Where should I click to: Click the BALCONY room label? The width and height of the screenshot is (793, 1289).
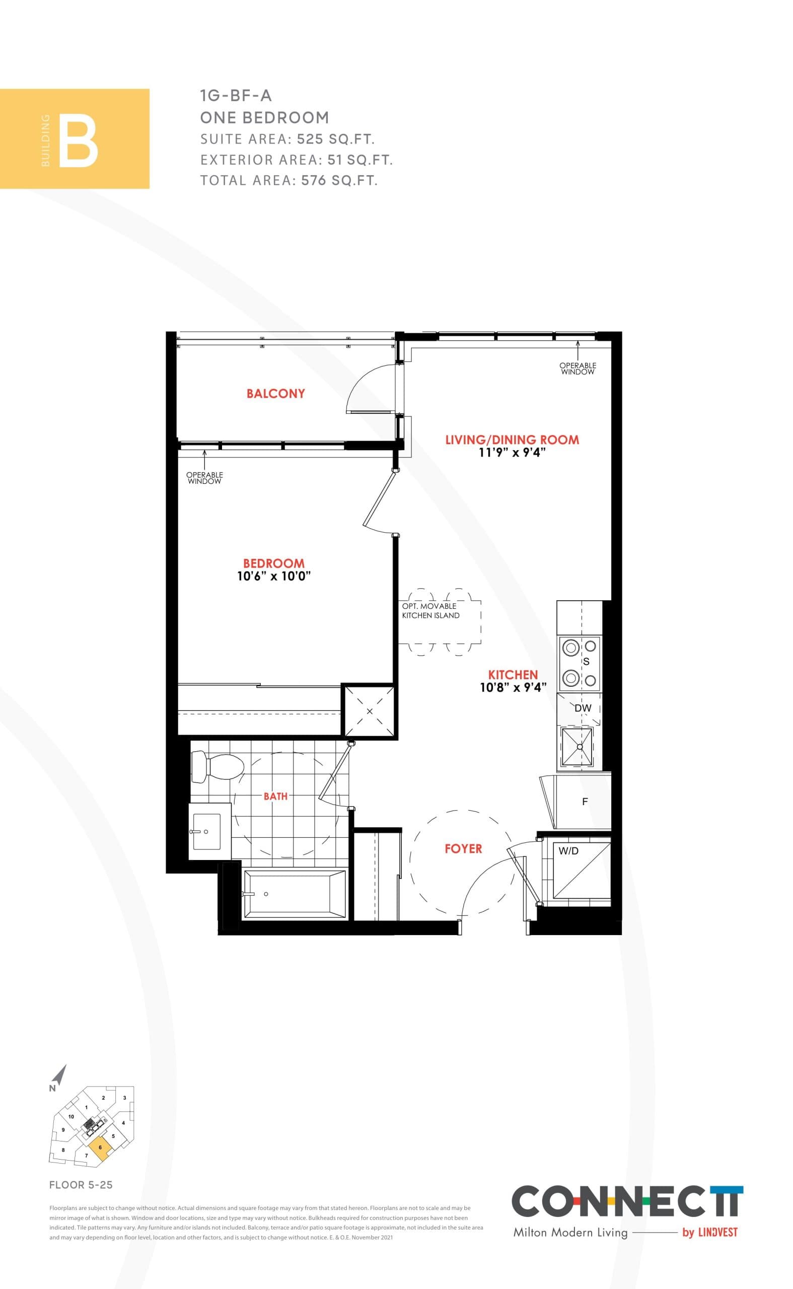pyautogui.click(x=275, y=393)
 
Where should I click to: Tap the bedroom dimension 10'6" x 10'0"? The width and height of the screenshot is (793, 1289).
pyautogui.click(x=274, y=576)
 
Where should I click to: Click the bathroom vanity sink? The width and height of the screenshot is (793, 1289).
pyautogui.click(x=207, y=831)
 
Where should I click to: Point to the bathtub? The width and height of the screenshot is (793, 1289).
pyautogui.click(x=294, y=894)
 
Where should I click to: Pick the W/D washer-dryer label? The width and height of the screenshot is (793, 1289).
pyautogui.click(x=568, y=851)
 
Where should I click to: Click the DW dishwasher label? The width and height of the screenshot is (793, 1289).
pyautogui.click(x=583, y=708)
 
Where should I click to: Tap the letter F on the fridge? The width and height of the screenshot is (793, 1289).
pyautogui.click(x=585, y=801)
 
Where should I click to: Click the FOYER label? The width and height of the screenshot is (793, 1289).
pyautogui.click(x=463, y=848)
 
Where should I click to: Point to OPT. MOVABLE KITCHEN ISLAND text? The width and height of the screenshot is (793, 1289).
pyautogui.click(x=430, y=610)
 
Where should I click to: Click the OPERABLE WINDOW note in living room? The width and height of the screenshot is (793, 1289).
pyautogui.click(x=578, y=368)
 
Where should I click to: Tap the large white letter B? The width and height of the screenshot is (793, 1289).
pyautogui.click(x=78, y=143)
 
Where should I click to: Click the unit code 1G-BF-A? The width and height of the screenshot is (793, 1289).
pyautogui.click(x=236, y=96)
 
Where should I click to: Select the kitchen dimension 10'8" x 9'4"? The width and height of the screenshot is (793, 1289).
pyautogui.click(x=513, y=687)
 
